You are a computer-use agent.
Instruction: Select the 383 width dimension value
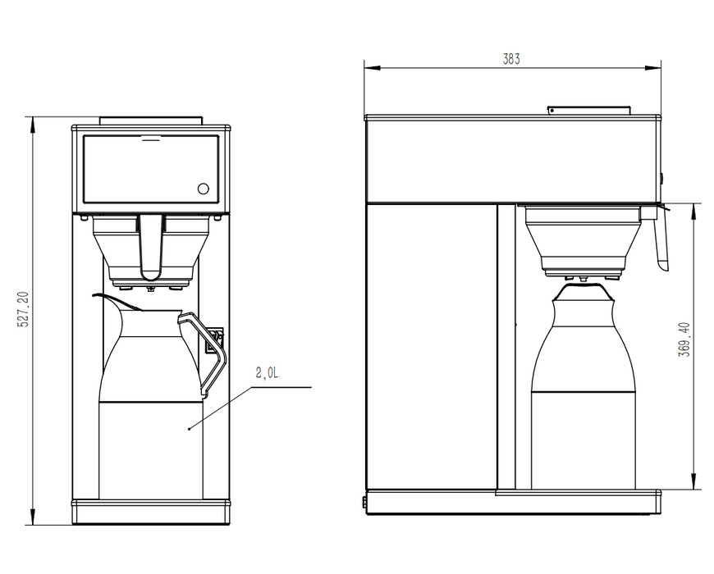(x=511, y=59)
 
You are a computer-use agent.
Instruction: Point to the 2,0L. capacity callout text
(x=268, y=373)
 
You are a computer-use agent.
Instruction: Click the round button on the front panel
(x=203, y=189)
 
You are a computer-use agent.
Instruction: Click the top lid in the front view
(x=151, y=121)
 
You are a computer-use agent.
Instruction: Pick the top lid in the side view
(x=588, y=109)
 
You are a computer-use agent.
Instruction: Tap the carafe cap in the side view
(x=584, y=290)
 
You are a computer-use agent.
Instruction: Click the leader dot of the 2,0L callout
(x=190, y=427)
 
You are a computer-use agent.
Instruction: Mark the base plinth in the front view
(x=151, y=512)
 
